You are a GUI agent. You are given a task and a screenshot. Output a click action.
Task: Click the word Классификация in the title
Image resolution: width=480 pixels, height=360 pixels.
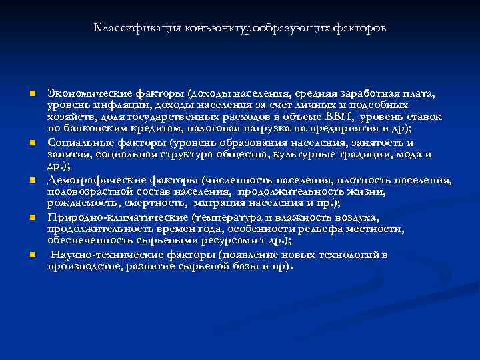126,29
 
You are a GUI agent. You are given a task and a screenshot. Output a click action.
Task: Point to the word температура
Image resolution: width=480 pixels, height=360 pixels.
229,217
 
